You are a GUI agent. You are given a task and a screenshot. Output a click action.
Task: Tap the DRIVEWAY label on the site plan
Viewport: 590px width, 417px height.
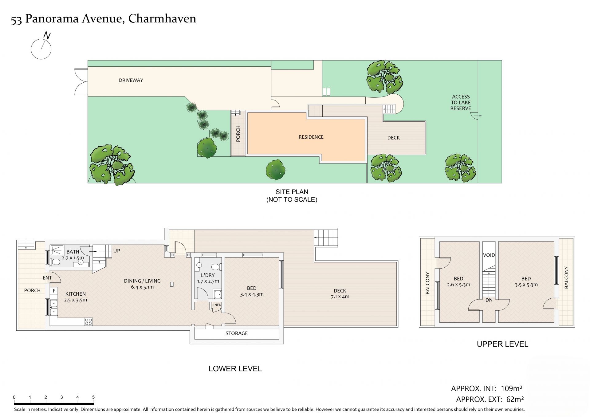tap(131, 80)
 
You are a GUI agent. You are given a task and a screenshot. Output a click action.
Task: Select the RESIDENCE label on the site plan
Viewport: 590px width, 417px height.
tap(311, 137)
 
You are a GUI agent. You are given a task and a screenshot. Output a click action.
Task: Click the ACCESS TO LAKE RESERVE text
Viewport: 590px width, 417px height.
tap(461, 102)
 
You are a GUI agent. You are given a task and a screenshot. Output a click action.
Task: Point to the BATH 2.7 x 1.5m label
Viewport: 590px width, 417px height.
tap(73, 255)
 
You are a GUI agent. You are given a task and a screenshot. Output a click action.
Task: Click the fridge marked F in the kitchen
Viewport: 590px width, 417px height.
tap(54, 291)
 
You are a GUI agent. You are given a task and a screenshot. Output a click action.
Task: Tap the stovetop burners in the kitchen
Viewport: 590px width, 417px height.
tap(88, 322)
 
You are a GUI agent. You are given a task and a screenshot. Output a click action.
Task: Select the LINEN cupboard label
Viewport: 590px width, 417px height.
tap(216, 305)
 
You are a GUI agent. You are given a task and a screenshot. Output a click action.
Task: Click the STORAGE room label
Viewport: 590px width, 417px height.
tap(237, 333)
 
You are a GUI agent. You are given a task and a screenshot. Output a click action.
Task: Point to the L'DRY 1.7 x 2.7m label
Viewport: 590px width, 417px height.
tap(208, 278)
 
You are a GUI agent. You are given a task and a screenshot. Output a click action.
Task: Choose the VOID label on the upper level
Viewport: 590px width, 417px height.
tap(489, 255)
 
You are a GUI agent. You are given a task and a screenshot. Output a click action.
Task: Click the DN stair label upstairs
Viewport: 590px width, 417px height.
tap(489, 300)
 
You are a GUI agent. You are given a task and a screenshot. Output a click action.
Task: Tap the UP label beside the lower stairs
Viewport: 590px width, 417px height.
tap(117, 251)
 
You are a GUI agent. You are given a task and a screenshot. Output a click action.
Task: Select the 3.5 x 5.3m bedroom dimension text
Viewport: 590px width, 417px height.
tap(526, 285)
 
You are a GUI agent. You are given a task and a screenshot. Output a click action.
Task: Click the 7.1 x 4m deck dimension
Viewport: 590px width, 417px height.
tap(340, 297)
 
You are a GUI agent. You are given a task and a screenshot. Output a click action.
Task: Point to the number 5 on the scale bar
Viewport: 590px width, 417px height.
tap(93, 397)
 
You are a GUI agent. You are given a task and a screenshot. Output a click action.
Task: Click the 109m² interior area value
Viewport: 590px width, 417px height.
tap(512, 388)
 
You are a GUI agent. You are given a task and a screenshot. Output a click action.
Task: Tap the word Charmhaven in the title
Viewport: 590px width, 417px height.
tap(162, 19)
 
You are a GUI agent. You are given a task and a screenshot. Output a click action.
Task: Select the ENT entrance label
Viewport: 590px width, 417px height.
tap(47, 278)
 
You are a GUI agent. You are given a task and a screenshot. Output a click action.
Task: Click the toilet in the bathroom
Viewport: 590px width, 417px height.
tap(56, 262)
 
